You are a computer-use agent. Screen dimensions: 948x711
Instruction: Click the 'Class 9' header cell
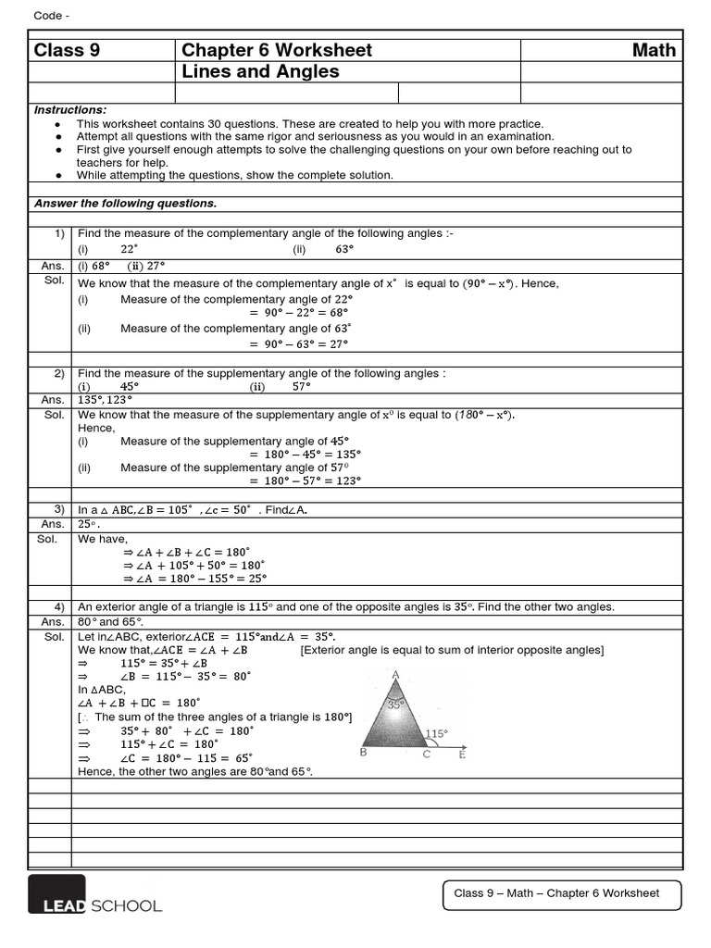point(67,50)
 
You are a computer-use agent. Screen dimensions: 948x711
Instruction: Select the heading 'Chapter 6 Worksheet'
point(277,50)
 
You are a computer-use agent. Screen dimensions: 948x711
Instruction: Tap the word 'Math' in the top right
point(654,50)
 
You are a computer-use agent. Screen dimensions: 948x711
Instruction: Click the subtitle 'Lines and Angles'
point(260,72)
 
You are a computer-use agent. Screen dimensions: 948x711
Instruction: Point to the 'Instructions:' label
point(70,110)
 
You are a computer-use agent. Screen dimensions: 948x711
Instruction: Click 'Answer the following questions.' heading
point(125,204)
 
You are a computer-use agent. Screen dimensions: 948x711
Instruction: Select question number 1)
point(58,234)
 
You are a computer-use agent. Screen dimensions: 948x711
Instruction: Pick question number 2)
point(58,373)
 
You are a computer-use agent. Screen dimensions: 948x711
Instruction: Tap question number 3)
point(58,509)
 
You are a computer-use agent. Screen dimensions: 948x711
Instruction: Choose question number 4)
point(58,607)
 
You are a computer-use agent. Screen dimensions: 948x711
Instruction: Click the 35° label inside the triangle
point(396,705)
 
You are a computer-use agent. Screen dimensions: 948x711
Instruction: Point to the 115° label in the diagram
point(436,734)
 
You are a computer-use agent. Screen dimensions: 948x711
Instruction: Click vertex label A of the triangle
point(396,675)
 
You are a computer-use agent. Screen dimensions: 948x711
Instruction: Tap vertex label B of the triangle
point(363,753)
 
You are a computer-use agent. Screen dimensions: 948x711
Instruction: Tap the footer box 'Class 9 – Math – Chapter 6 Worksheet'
point(563,894)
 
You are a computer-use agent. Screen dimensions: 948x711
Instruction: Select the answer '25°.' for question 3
point(89,524)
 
